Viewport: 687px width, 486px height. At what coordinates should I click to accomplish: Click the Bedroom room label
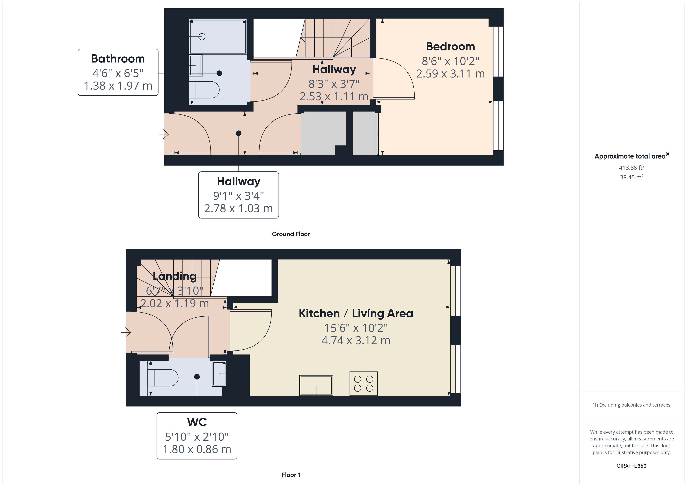[450, 47]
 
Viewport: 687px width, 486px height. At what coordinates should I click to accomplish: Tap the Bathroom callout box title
[118, 59]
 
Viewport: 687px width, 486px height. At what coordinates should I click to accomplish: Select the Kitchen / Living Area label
[356, 313]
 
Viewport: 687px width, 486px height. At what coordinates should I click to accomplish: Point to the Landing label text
[174, 276]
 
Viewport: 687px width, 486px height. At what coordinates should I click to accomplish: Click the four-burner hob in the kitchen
[364, 384]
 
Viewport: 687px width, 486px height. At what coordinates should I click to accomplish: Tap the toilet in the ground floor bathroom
[204, 90]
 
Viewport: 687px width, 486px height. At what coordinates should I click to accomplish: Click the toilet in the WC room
[163, 378]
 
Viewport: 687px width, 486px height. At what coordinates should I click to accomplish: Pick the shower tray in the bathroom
[218, 37]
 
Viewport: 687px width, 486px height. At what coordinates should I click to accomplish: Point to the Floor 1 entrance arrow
[126, 332]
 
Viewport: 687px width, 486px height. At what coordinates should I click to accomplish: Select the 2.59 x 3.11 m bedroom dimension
[450, 74]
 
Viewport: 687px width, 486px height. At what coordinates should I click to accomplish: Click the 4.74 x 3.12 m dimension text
[356, 341]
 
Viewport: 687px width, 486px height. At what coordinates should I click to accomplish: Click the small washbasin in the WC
[219, 374]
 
